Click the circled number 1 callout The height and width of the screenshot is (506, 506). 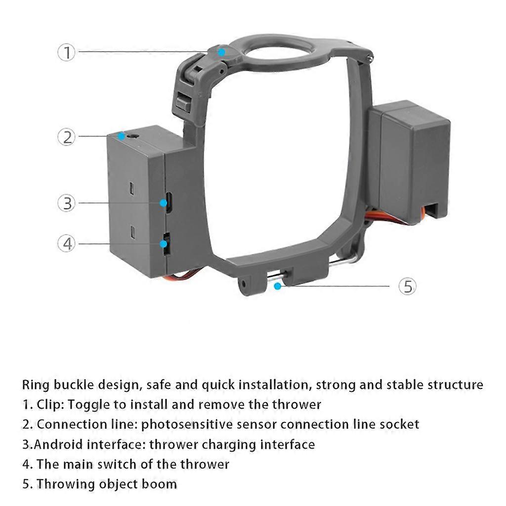67,52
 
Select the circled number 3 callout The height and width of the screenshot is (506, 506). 67,203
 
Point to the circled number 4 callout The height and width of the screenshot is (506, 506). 67,243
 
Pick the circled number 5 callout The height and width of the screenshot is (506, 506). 408,286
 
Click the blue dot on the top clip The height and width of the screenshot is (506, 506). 221,51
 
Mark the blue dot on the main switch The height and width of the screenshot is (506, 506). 164,243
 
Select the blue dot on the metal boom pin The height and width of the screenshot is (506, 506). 278,286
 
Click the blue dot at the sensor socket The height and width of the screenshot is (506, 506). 121,135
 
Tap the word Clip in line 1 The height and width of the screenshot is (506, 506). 49,405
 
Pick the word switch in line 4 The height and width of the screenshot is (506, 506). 148,464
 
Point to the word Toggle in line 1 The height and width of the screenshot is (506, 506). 88,405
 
